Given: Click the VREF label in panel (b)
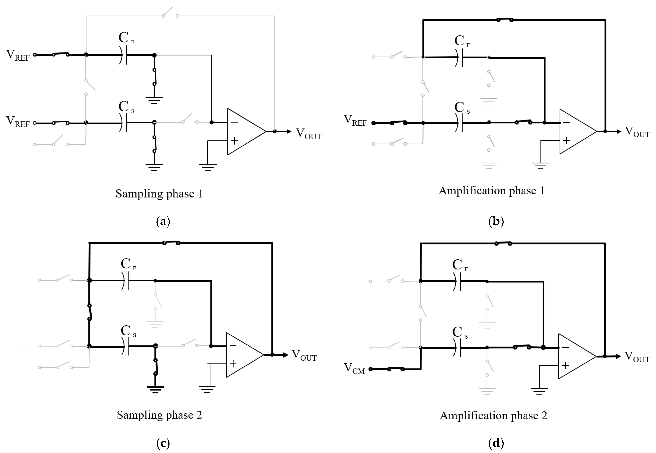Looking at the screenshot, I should pos(355,121).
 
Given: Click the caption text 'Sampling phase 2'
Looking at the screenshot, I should pos(159,415).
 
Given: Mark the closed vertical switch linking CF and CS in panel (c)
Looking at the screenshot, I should pos(89,312).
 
